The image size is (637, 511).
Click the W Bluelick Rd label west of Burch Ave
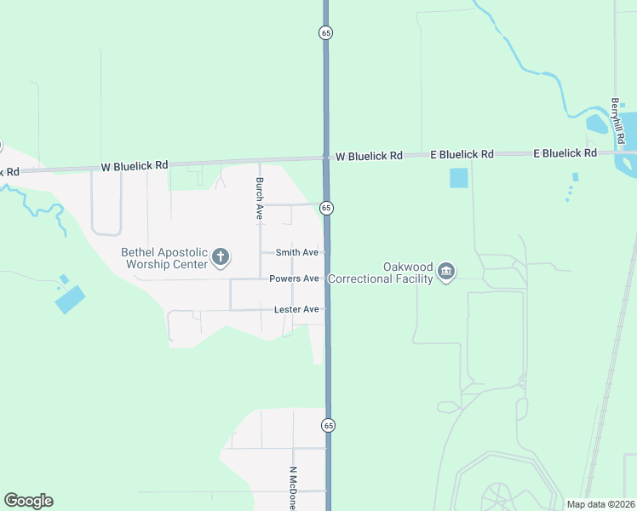(x=134, y=165)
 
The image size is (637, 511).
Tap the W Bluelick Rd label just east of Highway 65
(x=369, y=157)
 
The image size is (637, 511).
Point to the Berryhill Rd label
(x=618, y=120)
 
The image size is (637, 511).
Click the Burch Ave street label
(x=259, y=199)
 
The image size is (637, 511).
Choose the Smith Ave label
(x=296, y=253)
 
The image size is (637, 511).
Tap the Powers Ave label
(x=294, y=278)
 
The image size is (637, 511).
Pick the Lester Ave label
(x=296, y=309)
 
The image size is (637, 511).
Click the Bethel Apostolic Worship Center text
(x=164, y=258)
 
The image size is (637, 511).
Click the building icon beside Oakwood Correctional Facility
(x=445, y=273)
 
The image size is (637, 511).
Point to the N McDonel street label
(x=292, y=488)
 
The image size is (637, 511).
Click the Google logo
(x=28, y=501)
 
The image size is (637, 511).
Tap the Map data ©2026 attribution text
(x=600, y=504)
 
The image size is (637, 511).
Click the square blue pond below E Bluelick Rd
(x=459, y=178)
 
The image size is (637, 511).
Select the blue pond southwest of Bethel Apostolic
(x=71, y=299)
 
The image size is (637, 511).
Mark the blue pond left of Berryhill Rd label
(x=597, y=124)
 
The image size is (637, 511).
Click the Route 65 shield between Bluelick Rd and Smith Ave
(x=326, y=209)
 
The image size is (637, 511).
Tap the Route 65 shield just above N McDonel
(x=328, y=425)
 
